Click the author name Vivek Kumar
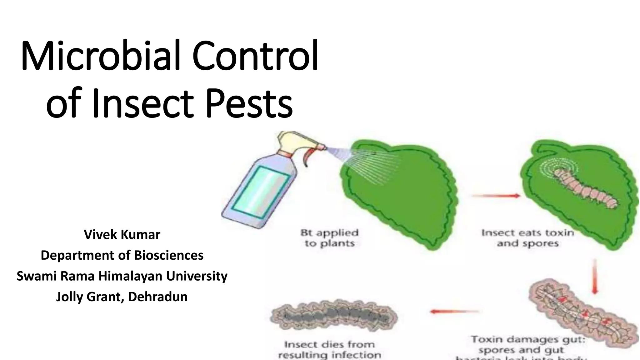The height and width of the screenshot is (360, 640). [x=122, y=234]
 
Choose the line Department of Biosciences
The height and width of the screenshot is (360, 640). [x=122, y=255]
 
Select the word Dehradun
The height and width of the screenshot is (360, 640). [x=158, y=297]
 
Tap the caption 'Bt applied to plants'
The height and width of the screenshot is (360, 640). [x=329, y=238]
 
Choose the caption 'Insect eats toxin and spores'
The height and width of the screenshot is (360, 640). [x=527, y=238]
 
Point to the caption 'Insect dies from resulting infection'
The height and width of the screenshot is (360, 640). [x=329, y=350]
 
